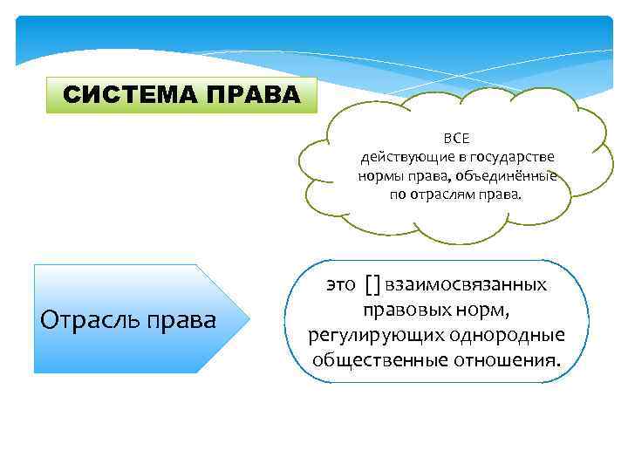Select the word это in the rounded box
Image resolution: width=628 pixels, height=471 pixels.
coord(341,284)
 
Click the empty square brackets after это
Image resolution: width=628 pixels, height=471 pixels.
coord(372,284)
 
